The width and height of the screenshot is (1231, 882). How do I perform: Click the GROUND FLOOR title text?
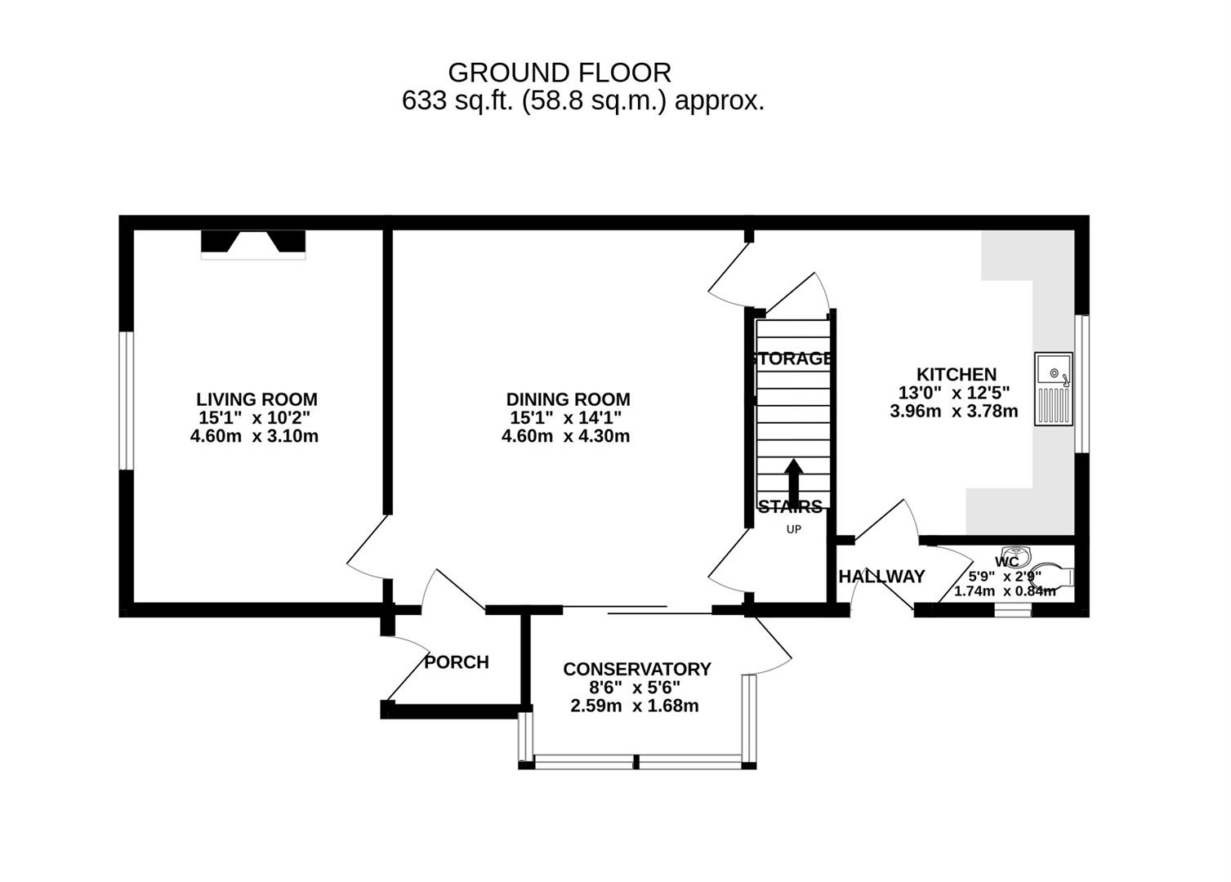(560, 73)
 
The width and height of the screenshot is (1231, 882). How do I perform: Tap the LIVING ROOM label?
(256, 399)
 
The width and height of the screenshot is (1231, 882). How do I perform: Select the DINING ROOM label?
(568, 399)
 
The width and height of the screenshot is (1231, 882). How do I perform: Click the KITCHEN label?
(956, 375)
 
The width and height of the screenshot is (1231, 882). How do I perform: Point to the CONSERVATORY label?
(636, 669)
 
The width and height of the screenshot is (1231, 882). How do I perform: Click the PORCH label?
(457, 662)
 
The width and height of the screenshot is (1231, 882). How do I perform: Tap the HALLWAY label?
(882, 577)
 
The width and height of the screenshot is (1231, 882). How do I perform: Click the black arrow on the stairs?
(793, 477)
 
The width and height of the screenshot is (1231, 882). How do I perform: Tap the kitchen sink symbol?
(1053, 389)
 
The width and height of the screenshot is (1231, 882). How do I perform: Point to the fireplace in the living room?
(253, 243)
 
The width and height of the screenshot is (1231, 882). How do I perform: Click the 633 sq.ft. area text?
(583, 101)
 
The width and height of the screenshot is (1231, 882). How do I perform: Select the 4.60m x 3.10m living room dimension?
(254, 436)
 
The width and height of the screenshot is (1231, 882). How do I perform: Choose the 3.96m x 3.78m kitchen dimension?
(953, 411)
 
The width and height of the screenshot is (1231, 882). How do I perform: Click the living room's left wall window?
(126, 400)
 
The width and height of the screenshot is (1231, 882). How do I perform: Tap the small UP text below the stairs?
(793, 529)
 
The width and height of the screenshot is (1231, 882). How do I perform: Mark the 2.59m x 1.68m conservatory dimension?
(634, 706)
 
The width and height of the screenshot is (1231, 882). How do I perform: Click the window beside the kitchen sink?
(1082, 384)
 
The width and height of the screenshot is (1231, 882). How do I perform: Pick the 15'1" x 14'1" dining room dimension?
(566, 417)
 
